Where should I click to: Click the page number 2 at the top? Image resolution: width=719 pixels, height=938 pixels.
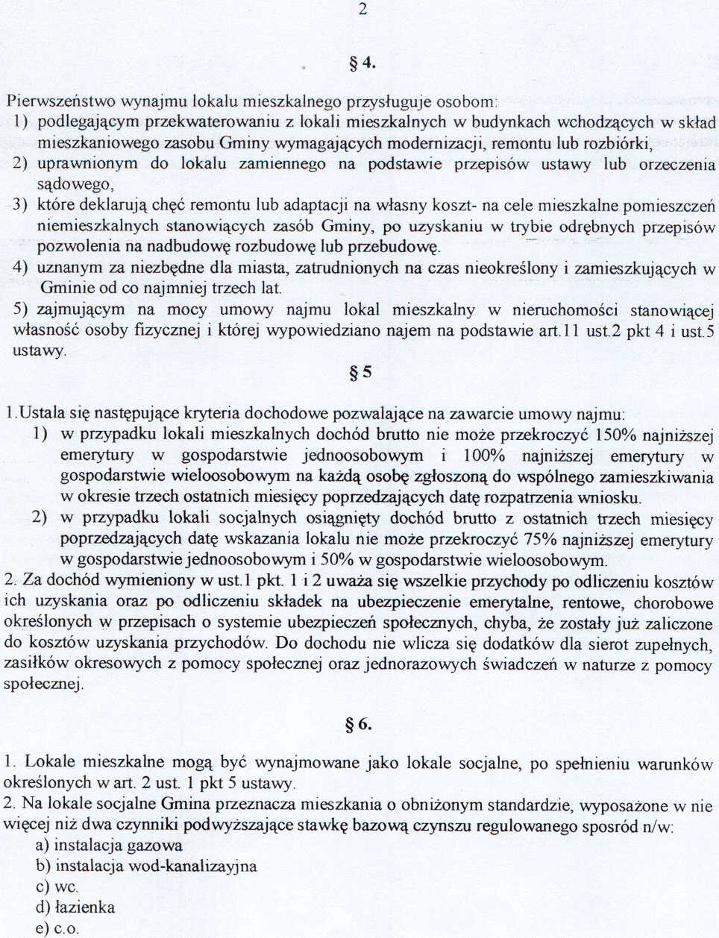point(362,10)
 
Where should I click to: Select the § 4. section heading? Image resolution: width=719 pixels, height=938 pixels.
point(362,63)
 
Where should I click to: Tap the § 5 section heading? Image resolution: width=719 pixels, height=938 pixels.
point(360,372)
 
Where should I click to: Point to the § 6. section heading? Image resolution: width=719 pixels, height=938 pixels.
point(359,724)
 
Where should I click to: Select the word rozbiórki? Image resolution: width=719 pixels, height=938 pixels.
point(619,142)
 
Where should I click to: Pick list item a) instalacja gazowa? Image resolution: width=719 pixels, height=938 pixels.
point(109,846)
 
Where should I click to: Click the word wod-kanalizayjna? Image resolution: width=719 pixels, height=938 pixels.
point(192,866)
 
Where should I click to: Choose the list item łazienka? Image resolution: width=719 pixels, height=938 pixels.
point(84,907)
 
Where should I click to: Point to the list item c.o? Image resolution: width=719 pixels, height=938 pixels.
point(66,928)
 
